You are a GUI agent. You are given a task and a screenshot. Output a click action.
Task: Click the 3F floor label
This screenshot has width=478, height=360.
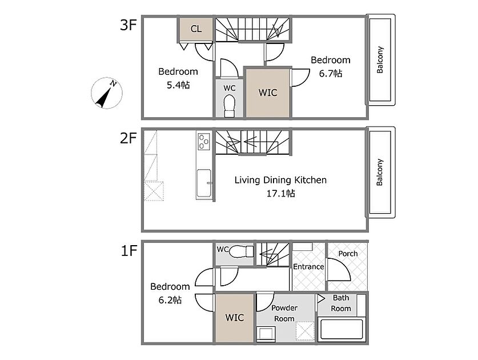[128, 25]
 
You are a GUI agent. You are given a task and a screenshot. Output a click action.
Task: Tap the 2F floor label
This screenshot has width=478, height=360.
[128, 138]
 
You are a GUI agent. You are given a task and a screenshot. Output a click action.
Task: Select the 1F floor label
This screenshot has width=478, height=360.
[129, 251]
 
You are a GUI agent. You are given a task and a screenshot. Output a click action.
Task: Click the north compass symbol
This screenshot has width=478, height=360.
[107, 93]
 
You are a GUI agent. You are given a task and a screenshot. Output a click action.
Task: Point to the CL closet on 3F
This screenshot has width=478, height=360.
[196, 29]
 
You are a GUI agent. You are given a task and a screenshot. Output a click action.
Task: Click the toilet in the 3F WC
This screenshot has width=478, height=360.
[230, 106]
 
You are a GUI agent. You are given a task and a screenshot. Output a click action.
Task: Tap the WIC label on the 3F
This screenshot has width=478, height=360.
[268, 93]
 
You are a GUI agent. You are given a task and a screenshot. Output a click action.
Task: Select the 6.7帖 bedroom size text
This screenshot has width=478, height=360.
[331, 74]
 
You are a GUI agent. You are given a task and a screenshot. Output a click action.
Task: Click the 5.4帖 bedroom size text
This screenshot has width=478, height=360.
[178, 85]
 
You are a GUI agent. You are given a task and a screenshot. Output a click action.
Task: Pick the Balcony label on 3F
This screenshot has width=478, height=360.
[380, 60]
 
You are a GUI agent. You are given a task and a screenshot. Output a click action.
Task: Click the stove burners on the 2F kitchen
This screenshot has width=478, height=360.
[204, 142]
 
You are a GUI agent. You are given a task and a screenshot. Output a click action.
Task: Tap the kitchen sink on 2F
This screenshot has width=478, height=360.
[204, 183]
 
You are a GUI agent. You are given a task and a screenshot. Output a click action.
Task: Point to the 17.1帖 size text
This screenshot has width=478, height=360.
[281, 193]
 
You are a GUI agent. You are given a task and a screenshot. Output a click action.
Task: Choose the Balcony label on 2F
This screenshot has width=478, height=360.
[380, 173]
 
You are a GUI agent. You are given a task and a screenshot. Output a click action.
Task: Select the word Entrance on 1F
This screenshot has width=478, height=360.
[308, 267]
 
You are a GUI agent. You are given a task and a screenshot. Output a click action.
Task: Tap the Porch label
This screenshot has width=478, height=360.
[348, 254]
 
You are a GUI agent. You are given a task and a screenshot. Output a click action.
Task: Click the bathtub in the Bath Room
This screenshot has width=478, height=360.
[342, 329]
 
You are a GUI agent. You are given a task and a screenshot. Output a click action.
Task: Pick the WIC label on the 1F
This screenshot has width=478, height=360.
[234, 318]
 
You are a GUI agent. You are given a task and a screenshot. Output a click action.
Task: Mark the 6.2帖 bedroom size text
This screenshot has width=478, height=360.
[170, 300]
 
